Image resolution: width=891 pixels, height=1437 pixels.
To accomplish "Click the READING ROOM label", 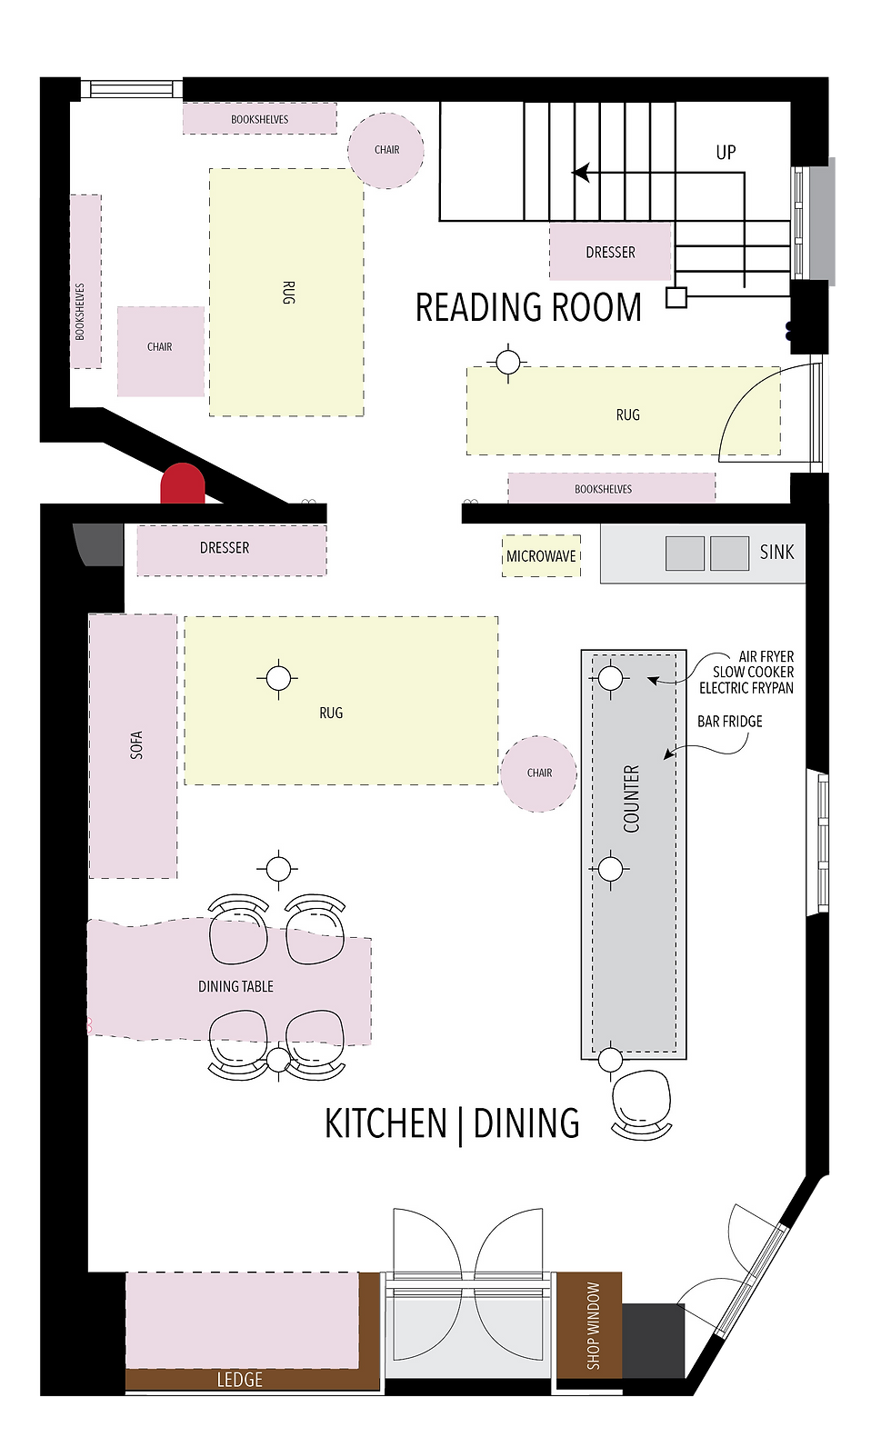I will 528,308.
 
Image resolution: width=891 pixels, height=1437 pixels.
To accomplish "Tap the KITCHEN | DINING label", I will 452,1123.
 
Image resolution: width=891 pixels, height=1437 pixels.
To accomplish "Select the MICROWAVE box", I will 541,555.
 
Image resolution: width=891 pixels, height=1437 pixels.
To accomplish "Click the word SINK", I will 776,552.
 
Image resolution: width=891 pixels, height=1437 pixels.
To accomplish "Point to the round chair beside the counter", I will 539,773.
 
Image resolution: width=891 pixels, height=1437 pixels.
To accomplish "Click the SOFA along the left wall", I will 134,745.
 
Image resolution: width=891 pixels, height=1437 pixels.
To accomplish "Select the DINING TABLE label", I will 235,986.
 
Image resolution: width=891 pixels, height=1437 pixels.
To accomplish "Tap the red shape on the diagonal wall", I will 183,484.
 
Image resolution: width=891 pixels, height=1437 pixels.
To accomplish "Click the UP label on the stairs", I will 726,153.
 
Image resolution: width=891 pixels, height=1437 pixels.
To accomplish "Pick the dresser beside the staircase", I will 610,252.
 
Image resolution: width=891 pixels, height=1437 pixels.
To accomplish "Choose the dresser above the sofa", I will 231,548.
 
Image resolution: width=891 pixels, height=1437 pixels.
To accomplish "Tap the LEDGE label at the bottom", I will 239,1380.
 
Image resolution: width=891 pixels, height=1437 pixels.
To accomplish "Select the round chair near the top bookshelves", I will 386,150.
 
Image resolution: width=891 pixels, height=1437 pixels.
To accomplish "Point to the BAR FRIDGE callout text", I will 729,722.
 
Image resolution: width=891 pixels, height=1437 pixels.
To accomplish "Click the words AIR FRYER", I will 766,656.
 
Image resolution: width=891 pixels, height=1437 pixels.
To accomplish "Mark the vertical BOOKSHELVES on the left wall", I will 85,282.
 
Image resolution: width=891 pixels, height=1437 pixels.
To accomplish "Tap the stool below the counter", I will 643,1102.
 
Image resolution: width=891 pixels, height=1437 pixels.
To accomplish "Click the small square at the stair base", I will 676,297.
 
